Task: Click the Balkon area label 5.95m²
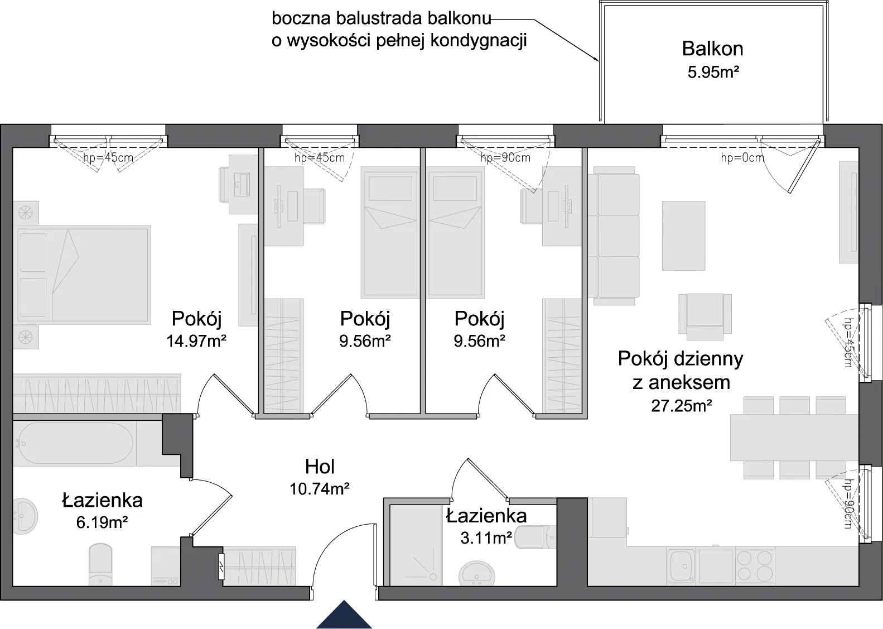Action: click(x=713, y=72)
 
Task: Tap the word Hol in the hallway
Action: click(x=320, y=467)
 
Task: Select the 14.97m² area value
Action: click(x=196, y=341)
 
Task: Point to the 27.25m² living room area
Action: click(x=681, y=406)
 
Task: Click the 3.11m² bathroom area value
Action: click(x=486, y=538)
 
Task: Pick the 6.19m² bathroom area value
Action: click(x=102, y=522)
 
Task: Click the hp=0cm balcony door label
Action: click(x=742, y=158)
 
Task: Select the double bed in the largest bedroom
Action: click(x=82, y=275)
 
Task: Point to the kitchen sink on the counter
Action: click(x=681, y=566)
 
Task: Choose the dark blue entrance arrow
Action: click(x=344, y=615)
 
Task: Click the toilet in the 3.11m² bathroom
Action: click(x=535, y=537)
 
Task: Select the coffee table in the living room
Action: click(x=683, y=236)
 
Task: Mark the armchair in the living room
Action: click(x=705, y=316)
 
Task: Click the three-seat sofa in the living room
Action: click(x=614, y=236)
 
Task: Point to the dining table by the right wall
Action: click(x=794, y=438)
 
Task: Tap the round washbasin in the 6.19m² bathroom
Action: click(x=25, y=516)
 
